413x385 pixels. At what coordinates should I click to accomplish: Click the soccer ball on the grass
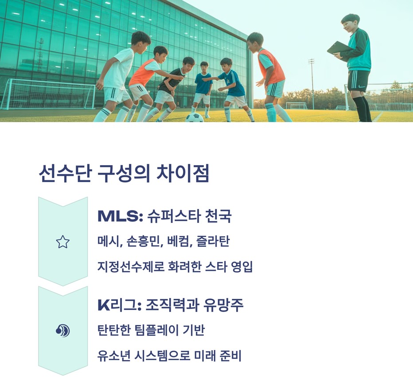pos(194,117)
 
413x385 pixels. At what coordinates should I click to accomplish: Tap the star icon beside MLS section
pos(63,242)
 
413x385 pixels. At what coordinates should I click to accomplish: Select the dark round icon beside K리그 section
pos(63,331)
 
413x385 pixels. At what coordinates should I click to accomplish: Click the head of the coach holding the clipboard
pos(350,22)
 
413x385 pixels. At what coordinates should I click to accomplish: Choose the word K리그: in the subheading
pos(119,305)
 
